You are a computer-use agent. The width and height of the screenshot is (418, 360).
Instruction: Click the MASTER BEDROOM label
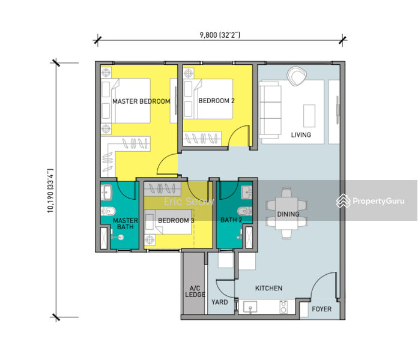pos(141,101)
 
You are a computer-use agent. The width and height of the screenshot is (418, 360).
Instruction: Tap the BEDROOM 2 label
pos(216,101)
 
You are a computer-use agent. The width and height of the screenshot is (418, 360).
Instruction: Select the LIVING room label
pos(301,135)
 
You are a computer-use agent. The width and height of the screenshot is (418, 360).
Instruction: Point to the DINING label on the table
pos(288,214)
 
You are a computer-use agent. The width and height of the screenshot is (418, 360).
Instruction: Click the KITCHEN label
pos(268,288)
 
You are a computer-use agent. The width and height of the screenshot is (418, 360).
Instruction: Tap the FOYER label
pos(322,309)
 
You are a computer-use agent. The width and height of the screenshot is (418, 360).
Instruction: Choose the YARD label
pos(220,302)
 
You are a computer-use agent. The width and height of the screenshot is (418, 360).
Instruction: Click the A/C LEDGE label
pos(195,292)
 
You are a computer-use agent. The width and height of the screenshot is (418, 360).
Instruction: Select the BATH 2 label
pos(231,220)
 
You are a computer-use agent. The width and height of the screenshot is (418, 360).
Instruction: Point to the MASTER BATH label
pos(126,224)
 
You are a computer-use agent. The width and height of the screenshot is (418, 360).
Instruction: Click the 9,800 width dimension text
pos(220,35)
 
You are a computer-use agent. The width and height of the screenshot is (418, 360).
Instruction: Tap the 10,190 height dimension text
pos(50,191)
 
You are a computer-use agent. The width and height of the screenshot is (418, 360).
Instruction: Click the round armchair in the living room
pos(297,76)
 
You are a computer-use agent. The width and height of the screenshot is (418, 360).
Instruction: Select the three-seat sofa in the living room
pos(270,110)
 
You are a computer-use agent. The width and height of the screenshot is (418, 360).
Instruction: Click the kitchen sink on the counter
pos(250,307)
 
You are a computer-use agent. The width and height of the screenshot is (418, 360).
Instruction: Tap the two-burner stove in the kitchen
pos(283,307)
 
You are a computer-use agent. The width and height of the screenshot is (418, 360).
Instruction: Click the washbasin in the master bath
pos(107,192)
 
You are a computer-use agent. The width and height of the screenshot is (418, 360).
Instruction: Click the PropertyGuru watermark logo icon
pos(344,201)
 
